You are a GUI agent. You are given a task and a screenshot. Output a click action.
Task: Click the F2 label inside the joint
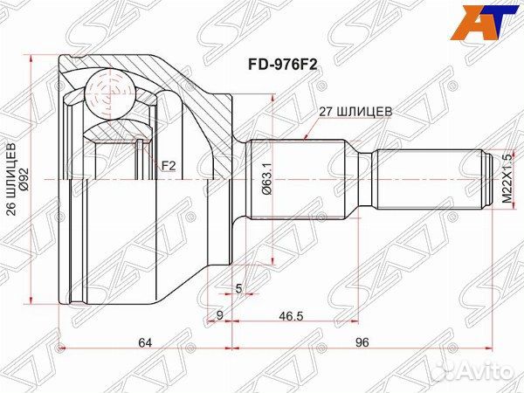coord(168,163)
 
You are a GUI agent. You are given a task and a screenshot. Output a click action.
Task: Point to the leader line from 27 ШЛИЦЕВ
coord(314,128)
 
